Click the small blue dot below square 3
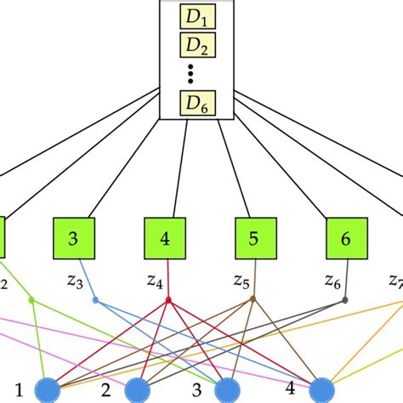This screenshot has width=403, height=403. tap(95, 299)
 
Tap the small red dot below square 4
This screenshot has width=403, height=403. tap(168, 299)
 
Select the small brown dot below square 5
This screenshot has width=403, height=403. tap(253, 299)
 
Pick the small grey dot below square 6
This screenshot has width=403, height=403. tap(345, 299)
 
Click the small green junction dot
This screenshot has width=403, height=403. tap(31, 299)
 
